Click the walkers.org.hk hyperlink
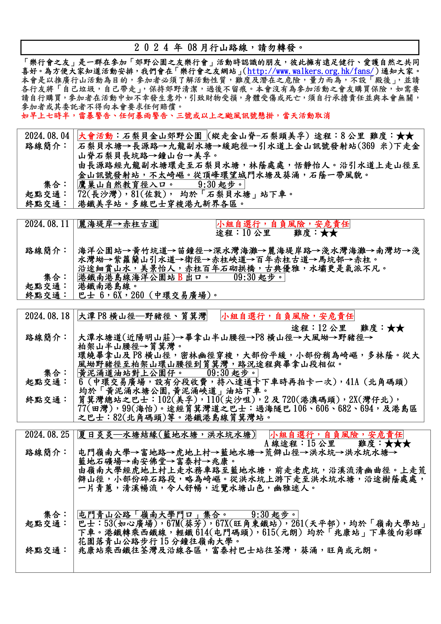[310, 71]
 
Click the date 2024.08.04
[47, 136]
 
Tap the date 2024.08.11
[47, 224]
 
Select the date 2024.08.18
[47, 316]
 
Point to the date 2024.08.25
[47, 434]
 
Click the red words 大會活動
[96, 136]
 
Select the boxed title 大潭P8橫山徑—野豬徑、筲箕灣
[142, 316]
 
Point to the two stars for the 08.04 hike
[405, 136]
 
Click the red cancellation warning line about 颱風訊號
[176, 116]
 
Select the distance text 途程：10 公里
[243, 233]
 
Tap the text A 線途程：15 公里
[300, 444]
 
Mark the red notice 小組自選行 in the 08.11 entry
[283, 224]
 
